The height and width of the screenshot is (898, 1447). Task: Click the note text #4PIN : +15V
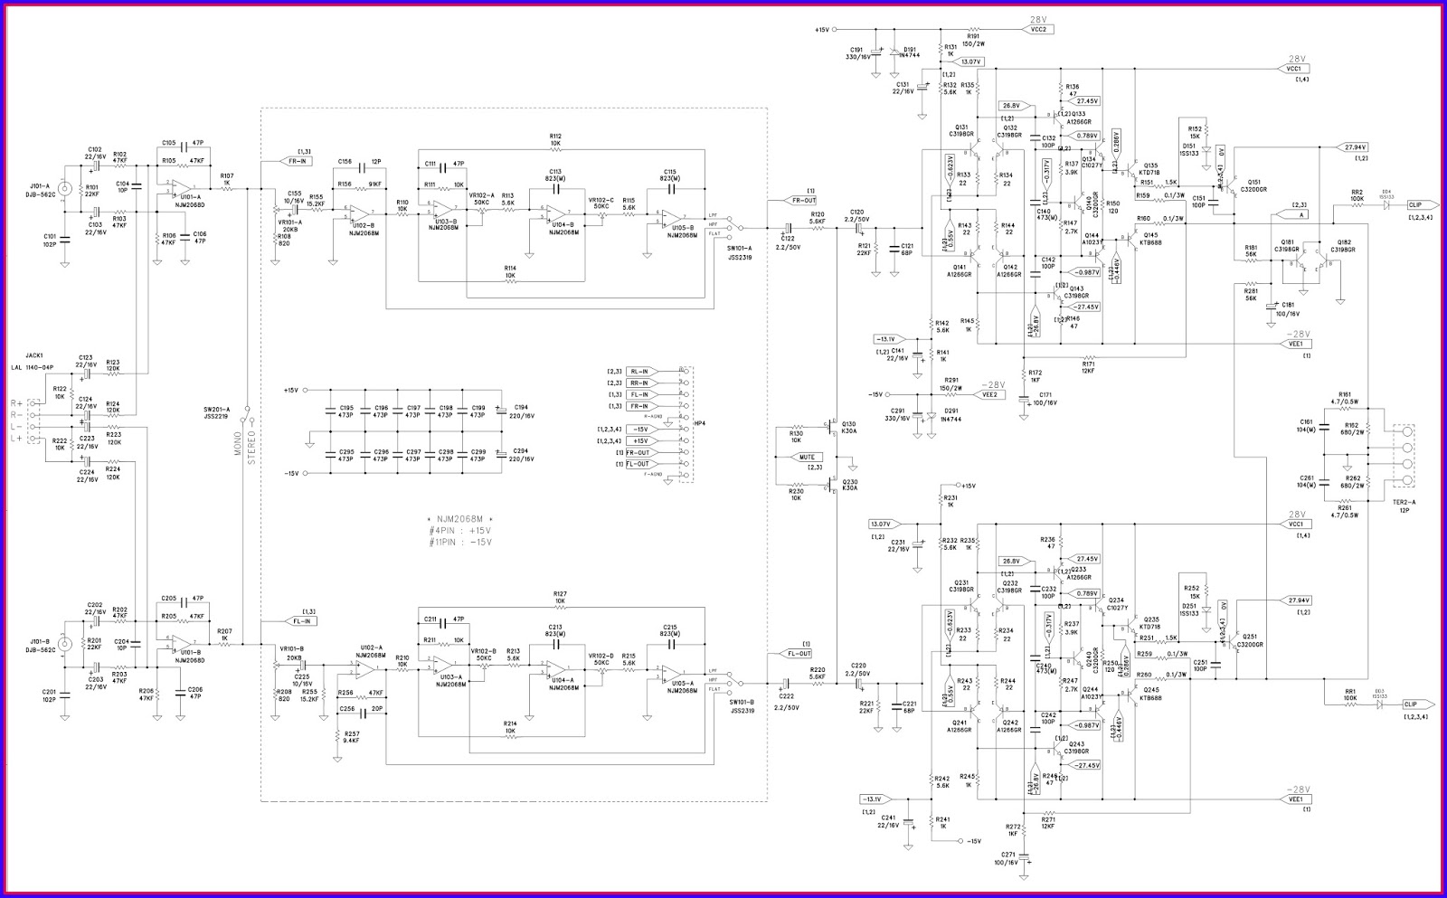tap(460, 530)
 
